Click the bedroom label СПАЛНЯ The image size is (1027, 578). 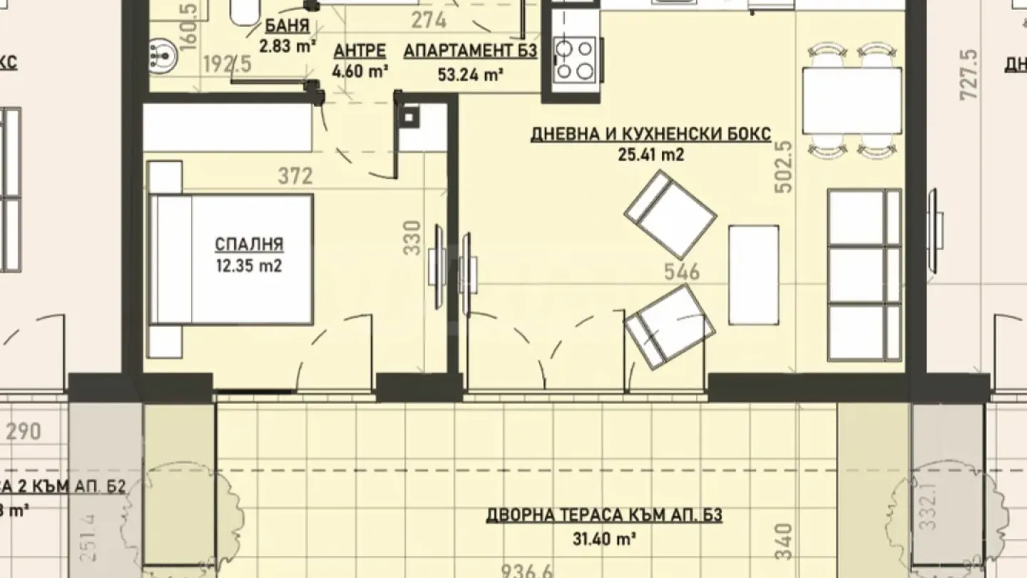pos(249,245)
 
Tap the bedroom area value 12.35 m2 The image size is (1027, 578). pos(249,266)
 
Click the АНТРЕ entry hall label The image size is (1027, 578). pos(360,51)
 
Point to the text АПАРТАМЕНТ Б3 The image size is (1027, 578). pos(470,51)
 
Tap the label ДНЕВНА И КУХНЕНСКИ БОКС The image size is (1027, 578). pos(650,134)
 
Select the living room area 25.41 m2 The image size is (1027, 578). pos(650,154)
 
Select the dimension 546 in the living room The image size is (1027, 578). pos(680,272)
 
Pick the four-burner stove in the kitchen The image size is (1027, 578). pos(575,59)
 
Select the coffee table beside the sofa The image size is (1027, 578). pos(753,273)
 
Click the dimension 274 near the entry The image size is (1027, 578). pos(429,20)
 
